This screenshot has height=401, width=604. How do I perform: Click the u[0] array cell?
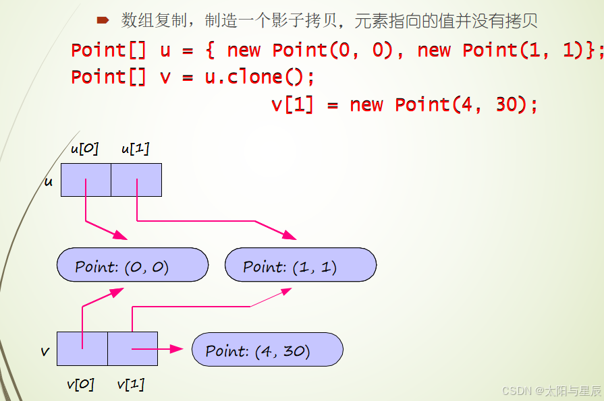click(x=86, y=180)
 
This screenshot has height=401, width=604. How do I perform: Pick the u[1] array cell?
click(x=136, y=180)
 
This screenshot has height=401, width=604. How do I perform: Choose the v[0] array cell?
click(x=82, y=348)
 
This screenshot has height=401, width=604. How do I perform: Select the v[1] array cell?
click(x=132, y=348)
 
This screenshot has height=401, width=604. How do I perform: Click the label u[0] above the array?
click(x=84, y=149)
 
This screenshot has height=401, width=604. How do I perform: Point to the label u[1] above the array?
click(x=135, y=149)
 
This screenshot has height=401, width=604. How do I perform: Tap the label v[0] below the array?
click(x=80, y=384)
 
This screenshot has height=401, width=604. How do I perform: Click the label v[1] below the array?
click(x=131, y=384)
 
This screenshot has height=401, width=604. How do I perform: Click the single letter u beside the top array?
click(x=49, y=181)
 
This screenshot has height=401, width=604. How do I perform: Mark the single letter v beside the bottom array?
click(x=45, y=351)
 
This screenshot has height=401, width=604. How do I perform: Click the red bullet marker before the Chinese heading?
click(x=103, y=20)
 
